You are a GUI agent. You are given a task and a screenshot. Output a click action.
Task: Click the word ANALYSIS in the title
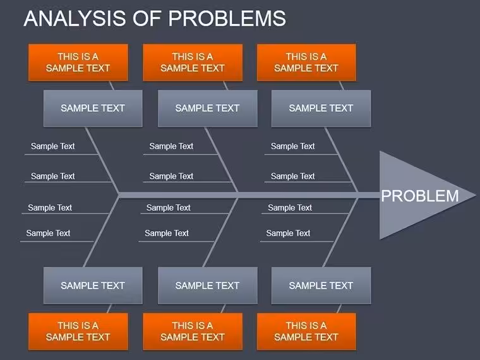(75, 18)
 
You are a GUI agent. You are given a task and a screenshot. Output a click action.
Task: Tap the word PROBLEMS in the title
(227, 18)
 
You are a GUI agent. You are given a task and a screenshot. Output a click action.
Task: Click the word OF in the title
(147, 18)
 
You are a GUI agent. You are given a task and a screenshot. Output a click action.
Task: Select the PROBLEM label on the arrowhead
(420, 196)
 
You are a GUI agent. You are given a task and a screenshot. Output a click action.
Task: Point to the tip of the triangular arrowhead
(476, 195)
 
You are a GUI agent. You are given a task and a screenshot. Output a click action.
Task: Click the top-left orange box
(78, 63)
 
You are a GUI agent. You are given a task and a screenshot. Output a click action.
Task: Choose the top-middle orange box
(193, 63)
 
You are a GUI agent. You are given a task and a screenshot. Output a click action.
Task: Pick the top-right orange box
(306, 63)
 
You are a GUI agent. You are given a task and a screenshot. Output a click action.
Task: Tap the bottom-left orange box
(78, 331)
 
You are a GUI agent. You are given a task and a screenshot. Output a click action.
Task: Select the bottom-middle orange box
(193, 331)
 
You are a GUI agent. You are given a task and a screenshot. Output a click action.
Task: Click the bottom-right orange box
(306, 331)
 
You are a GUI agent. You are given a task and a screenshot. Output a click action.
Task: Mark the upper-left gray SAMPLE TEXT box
(93, 109)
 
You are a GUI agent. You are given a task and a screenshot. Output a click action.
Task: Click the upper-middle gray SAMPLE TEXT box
(208, 109)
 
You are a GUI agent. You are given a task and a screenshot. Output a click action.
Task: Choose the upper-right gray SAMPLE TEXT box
(321, 109)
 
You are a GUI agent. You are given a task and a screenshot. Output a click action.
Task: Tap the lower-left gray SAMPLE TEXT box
(93, 285)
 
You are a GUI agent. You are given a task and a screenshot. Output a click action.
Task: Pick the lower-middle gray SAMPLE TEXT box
(208, 285)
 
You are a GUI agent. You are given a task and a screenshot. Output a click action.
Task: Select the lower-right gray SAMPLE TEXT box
(321, 285)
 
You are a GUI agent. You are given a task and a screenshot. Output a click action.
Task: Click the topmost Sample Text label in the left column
(52, 147)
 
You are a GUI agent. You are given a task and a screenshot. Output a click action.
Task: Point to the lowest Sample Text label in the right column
(288, 233)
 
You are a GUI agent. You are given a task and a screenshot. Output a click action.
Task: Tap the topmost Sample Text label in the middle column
(171, 147)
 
